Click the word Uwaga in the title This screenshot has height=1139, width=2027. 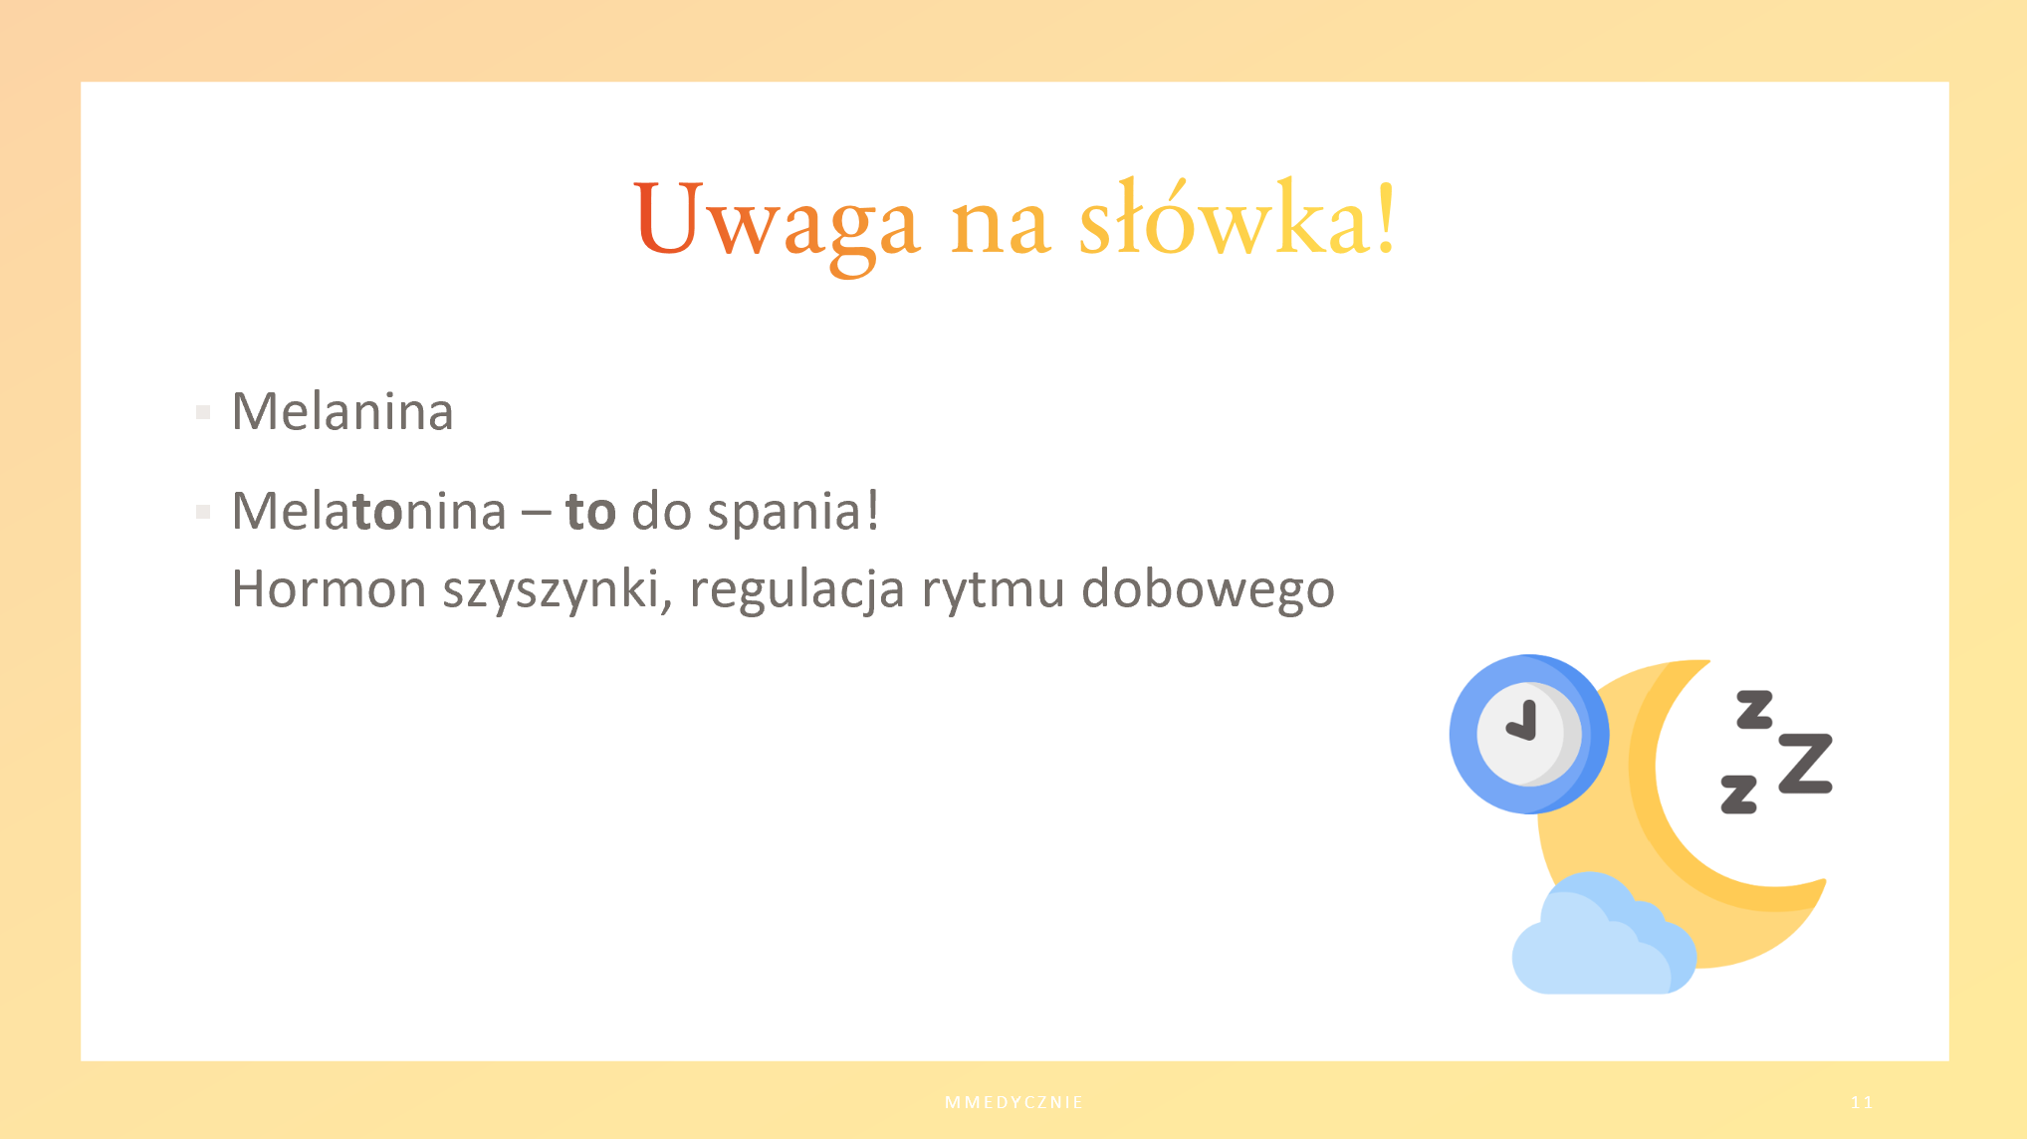[777, 223]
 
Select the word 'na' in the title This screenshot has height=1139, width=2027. [1001, 228]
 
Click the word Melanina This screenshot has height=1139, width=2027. [342, 411]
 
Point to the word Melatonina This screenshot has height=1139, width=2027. [369, 511]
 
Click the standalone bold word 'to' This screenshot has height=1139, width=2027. [590, 512]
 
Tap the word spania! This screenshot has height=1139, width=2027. [793, 514]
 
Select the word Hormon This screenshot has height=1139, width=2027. [330, 588]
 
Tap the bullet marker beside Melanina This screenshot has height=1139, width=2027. [203, 412]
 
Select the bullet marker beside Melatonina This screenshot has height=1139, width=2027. [203, 512]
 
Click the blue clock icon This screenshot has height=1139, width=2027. [1528, 734]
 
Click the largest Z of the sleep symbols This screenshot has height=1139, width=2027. [1806, 764]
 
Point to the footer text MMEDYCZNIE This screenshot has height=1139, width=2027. [1013, 1102]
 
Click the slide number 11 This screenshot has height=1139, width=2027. [1862, 1102]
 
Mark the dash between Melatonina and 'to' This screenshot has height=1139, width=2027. [536, 515]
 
